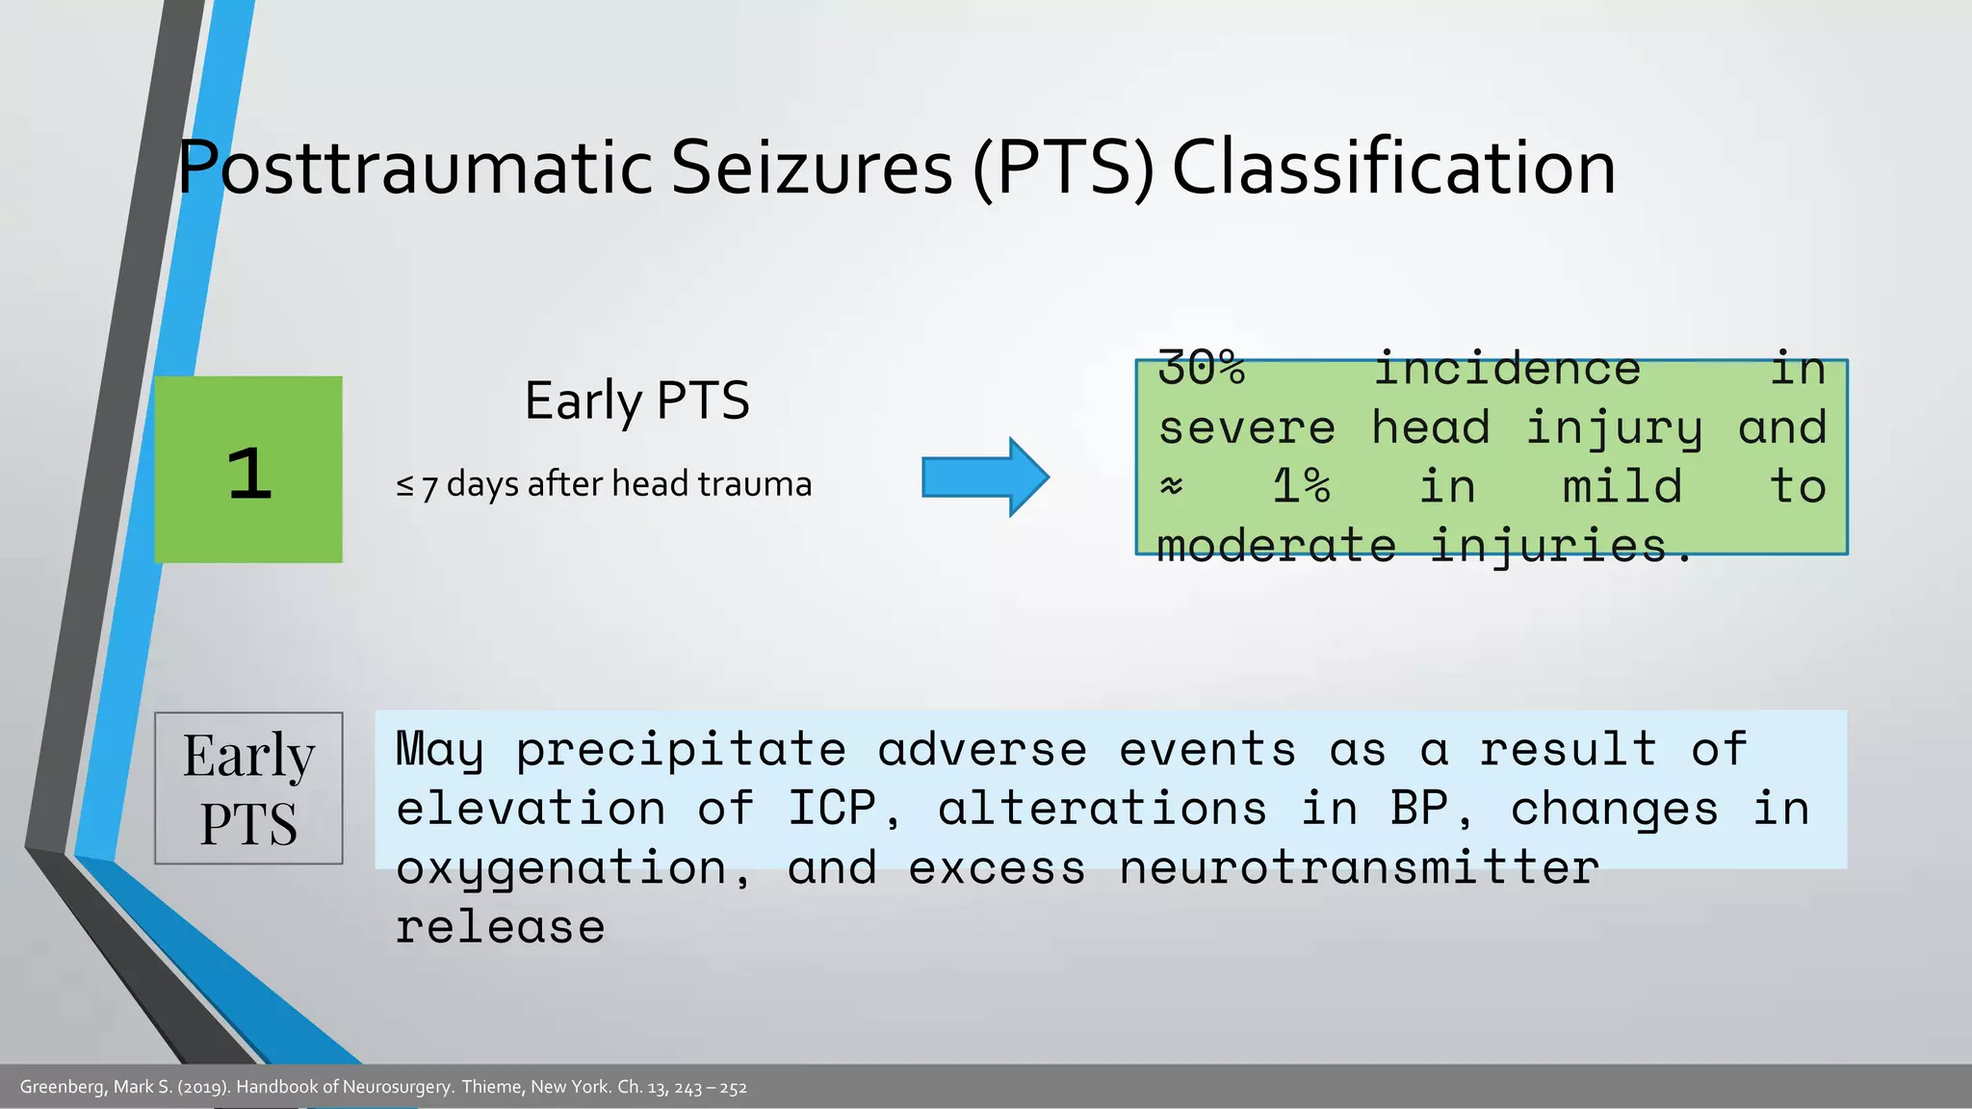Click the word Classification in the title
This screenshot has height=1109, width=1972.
point(1392,168)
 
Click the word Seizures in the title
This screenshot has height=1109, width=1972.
point(811,168)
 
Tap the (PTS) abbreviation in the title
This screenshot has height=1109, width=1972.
point(1063,168)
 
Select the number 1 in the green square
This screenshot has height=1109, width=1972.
point(249,473)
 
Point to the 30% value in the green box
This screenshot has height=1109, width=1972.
point(1201,368)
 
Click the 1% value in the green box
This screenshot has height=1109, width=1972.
point(1301,486)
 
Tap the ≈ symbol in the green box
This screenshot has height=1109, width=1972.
point(1171,487)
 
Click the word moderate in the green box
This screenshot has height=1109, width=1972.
point(1276,546)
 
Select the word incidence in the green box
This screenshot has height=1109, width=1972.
point(1507,369)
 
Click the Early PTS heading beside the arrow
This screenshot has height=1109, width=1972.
point(636,400)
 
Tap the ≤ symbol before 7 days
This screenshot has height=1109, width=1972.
point(404,485)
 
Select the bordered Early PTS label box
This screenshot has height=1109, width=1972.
point(248,787)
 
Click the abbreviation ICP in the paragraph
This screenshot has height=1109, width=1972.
point(832,808)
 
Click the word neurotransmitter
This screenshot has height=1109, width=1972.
point(1359,867)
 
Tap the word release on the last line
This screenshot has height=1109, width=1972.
point(500,927)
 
